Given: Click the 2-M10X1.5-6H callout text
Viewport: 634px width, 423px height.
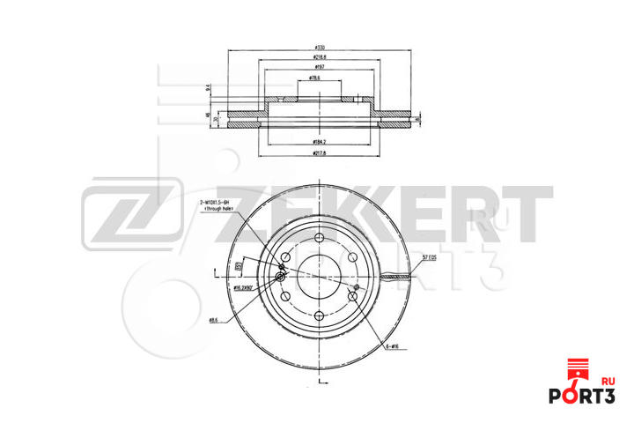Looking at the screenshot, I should [214, 203].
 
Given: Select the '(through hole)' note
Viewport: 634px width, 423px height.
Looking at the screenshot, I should [214, 211].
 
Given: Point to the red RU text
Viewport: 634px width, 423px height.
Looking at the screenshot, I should [608, 381].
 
